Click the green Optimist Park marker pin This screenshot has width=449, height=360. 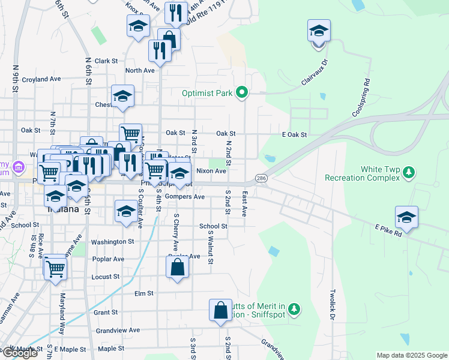pos(242,92)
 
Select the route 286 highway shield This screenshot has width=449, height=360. pos(261,178)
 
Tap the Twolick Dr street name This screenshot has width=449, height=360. pos(332,306)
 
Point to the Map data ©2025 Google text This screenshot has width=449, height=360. pos(411,355)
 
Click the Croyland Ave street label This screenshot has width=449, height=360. pos(41,79)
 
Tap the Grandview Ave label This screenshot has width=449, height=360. pos(118,330)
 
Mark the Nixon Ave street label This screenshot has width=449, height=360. pos(211,171)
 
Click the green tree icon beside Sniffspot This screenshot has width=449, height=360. pos(294,309)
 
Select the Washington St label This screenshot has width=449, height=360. pos(112,242)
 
